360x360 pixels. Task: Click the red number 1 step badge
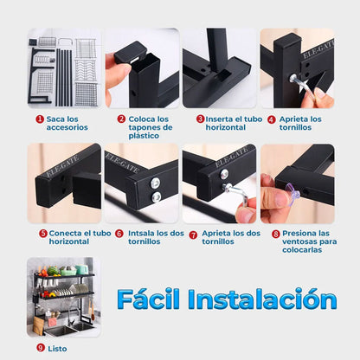coord(40,119)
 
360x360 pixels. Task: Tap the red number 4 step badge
coord(272,119)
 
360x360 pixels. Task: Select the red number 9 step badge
coord(41,348)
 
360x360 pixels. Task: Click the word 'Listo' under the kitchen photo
coord(57,349)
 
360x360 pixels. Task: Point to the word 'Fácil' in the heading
coord(148,299)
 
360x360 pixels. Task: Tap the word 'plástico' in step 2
coord(144,136)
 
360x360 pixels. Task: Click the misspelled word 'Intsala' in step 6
coord(141,233)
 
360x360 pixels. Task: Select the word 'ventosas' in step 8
coord(298,241)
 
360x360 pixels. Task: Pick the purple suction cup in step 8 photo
coord(292,192)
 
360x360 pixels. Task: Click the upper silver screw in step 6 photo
coord(156,183)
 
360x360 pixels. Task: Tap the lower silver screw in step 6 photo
coord(157,197)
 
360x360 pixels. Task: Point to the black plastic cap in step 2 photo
coord(131,52)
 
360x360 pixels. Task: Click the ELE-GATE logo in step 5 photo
coord(62,166)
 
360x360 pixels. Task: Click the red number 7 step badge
coord(193,235)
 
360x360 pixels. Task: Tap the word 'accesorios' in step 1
coord(67,127)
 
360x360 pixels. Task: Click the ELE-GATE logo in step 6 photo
coord(122,162)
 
